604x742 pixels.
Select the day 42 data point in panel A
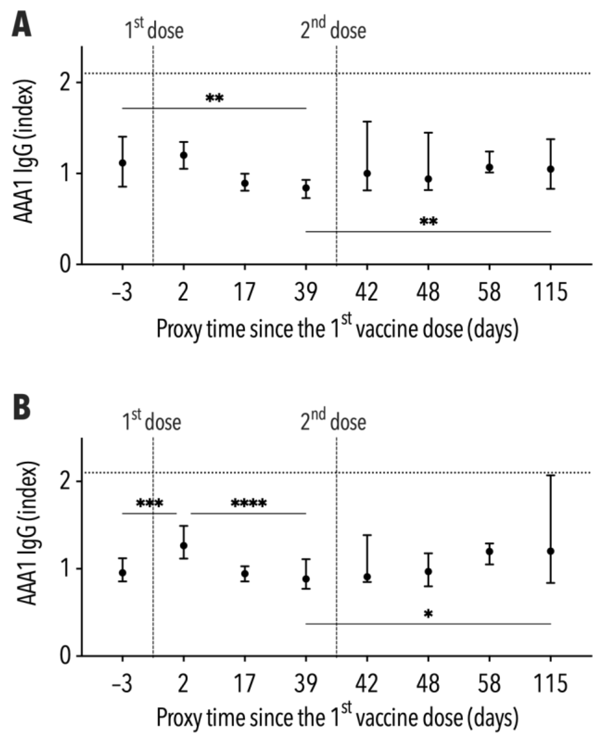367,173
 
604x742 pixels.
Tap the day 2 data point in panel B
184,545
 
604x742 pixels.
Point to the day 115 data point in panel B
550,551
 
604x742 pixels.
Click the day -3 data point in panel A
123,162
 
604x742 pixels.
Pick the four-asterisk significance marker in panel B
249,503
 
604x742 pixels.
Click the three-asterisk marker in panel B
149,503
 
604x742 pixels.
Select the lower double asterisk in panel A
428,221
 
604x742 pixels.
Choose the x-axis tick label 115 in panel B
550,683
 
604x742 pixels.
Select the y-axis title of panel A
25,151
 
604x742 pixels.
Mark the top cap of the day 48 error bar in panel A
428,132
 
